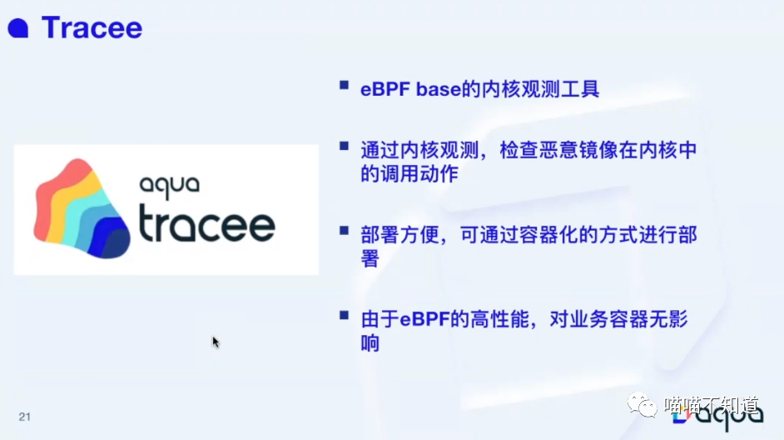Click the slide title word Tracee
[x=92, y=28]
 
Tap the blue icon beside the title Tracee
[x=18, y=29]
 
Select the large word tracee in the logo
[x=206, y=223]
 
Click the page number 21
[x=24, y=416]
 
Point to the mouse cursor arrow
[x=216, y=341]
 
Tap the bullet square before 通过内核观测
[x=343, y=146]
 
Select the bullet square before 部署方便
[x=343, y=230]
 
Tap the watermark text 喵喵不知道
[x=712, y=406]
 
